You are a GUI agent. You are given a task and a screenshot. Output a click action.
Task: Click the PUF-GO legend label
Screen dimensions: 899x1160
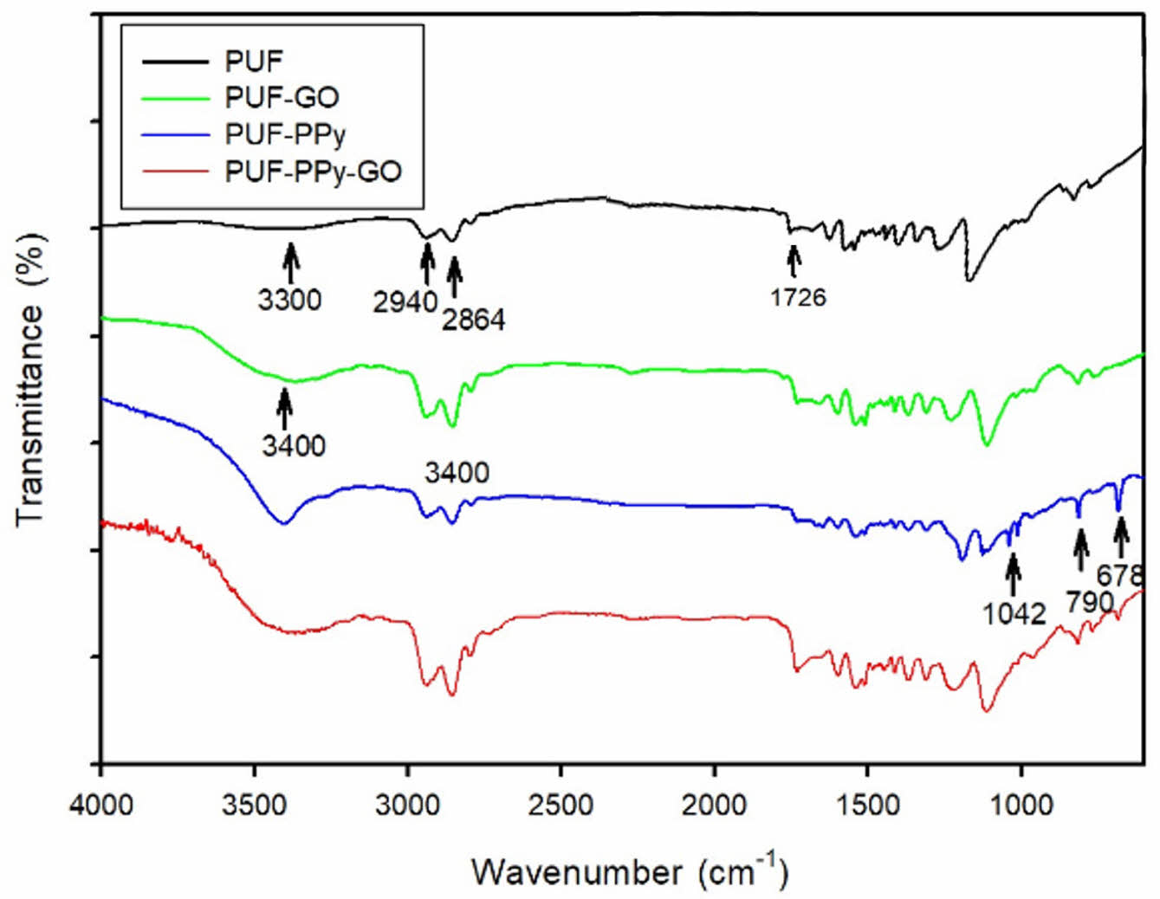[x=282, y=96]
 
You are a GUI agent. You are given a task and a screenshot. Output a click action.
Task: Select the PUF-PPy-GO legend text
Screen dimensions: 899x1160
[x=313, y=171]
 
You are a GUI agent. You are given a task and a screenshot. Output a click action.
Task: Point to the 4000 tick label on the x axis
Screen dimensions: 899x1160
[x=101, y=805]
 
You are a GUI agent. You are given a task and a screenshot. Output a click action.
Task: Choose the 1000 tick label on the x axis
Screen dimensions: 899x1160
[x=1020, y=805]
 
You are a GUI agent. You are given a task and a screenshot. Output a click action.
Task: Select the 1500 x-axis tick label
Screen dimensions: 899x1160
[x=867, y=805]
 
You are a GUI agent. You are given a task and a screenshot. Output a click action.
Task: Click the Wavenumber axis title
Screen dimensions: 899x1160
[x=630, y=870]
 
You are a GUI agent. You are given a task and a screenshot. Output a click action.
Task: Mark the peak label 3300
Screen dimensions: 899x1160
[x=289, y=300]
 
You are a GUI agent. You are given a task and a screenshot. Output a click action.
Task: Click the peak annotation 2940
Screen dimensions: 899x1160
[x=405, y=302]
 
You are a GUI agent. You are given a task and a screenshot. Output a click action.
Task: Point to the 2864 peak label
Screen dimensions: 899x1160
[x=473, y=320]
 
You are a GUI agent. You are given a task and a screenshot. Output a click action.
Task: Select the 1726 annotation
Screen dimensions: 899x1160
[x=798, y=297]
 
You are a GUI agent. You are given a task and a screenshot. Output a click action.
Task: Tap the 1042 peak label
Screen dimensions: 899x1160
[x=1014, y=613]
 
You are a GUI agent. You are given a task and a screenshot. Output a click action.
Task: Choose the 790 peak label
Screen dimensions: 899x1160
[x=1089, y=601]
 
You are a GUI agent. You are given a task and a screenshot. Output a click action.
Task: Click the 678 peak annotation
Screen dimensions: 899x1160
[x=1120, y=575]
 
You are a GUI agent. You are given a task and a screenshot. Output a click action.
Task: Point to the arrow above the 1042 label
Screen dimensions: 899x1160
[x=1013, y=574]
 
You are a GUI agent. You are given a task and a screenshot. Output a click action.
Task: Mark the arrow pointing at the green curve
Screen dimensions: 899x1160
[x=284, y=407]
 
